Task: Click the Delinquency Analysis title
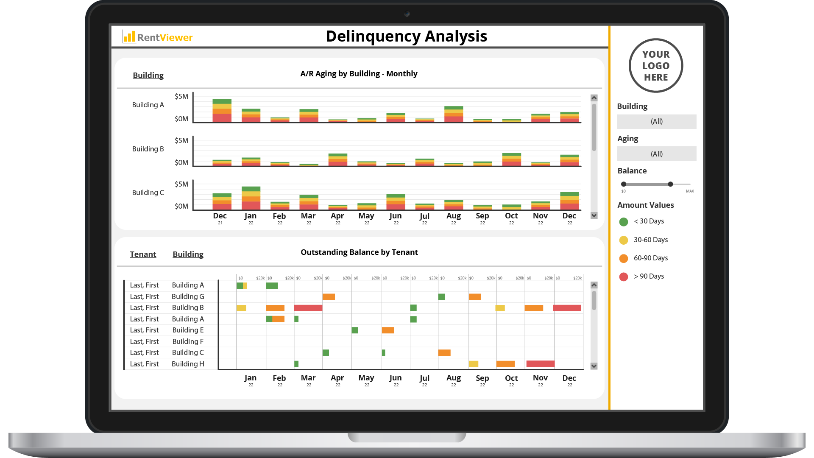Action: click(406, 36)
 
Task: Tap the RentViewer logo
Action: click(158, 37)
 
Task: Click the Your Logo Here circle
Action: click(655, 66)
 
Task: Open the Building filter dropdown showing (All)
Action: click(656, 121)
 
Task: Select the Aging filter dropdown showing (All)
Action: click(656, 154)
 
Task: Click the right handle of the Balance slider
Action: click(670, 184)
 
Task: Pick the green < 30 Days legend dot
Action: click(624, 222)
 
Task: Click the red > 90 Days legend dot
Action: click(624, 277)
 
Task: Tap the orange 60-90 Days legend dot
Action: click(624, 259)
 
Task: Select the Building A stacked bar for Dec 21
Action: click(222, 111)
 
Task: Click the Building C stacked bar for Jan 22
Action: click(251, 198)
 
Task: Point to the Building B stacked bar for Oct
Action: click(511, 159)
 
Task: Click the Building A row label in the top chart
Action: click(148, 105)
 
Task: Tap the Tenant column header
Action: click(143, 254)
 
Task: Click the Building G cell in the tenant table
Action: click(188, 296)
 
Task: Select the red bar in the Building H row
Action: click(540, 364)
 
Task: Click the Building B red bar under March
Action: click(308, 308)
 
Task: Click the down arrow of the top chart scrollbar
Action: click(594, 215)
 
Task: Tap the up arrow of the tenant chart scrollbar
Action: click(594, 285)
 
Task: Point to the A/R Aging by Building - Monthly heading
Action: click(359, 74)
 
